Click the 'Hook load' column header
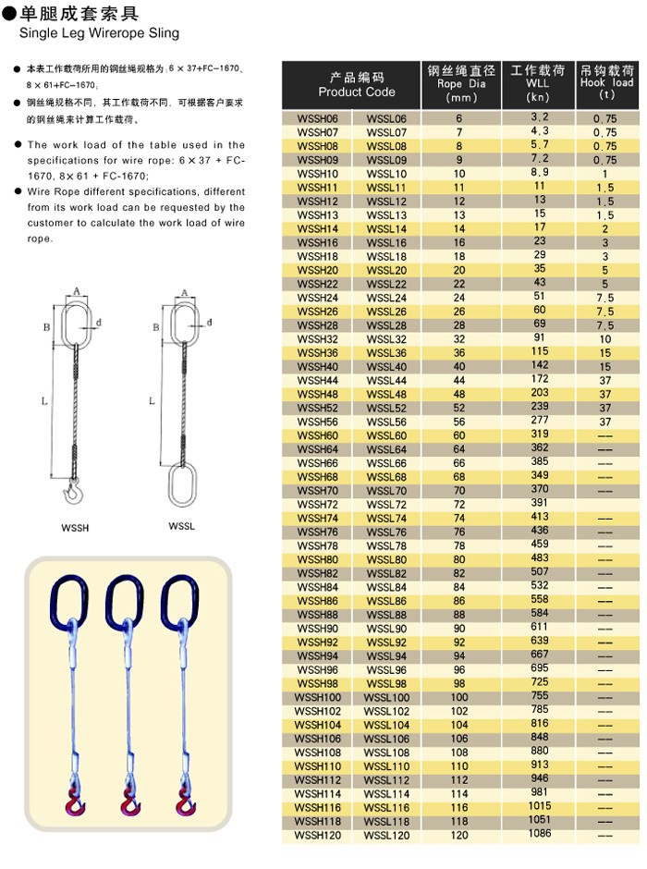606,82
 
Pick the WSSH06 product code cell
317,119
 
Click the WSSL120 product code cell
386,836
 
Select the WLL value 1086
540,834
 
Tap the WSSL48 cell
386,394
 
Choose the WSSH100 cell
317,697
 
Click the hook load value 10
605,339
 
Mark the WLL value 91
540,338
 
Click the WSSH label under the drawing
76,528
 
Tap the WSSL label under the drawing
181,526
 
